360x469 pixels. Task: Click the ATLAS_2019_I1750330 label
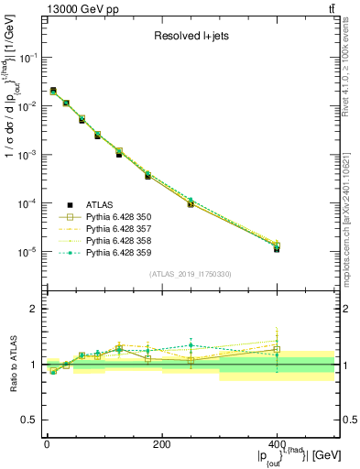191,274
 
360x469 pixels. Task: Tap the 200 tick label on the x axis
161,444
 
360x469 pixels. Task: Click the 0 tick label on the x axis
47,444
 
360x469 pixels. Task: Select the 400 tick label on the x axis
277,444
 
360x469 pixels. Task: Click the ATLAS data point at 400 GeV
277,248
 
